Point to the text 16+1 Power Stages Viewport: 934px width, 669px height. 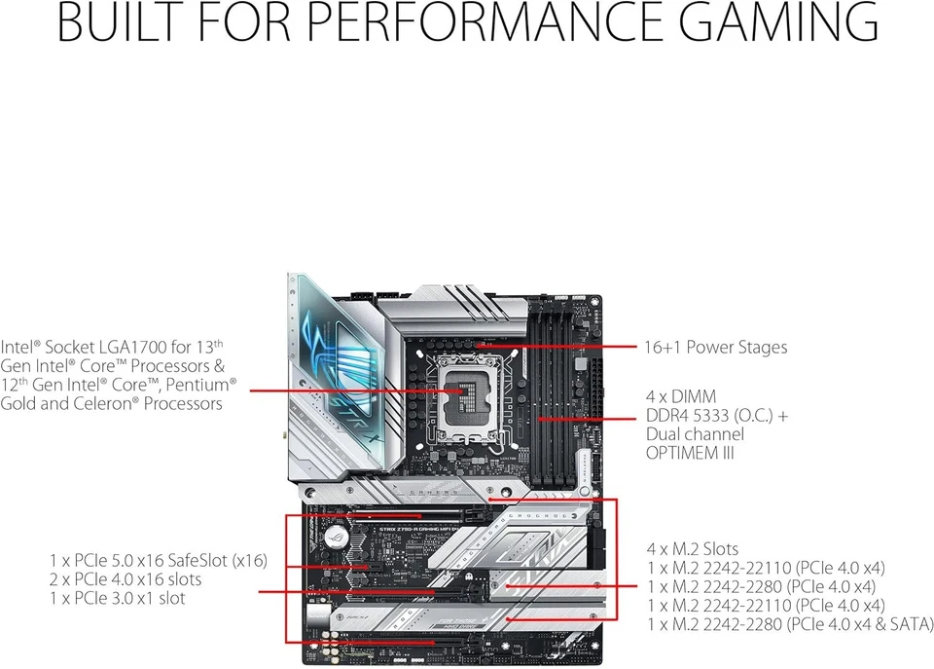[x=715, y=348]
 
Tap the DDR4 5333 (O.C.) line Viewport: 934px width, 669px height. [x=717, y=416]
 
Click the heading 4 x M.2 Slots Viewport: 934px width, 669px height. [x=692, y=549]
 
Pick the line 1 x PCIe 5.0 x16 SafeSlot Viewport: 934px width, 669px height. [x=159, y=561]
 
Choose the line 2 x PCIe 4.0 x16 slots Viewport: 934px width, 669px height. [x=126, y=579]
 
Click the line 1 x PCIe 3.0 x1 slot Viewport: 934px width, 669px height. [x=117, y=598]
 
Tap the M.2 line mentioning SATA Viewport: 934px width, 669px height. [x=789, y=623]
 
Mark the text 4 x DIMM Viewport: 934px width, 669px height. [x=681, y=397]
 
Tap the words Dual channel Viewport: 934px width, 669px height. [x=695, y=434]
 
